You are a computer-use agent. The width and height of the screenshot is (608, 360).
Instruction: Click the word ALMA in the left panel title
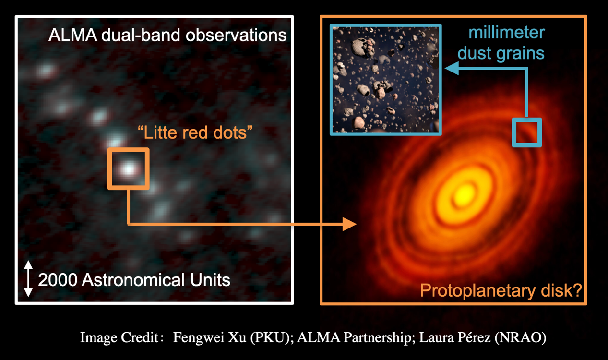[73, 35]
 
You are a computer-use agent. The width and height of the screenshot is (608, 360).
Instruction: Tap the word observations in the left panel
[236, 35]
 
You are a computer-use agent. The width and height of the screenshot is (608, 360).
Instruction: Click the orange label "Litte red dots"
[195, 132]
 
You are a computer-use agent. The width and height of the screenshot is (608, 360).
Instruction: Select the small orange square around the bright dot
[129, 150]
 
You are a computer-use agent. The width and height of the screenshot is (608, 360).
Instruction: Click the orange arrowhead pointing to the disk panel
[349, 224]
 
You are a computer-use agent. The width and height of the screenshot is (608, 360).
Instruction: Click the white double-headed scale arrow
[28, 278]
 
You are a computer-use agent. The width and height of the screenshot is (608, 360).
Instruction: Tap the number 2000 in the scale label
[58, 280]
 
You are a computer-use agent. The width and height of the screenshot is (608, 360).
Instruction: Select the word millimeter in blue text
[506, 33]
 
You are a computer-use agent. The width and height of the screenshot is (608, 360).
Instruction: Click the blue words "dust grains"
[501, 53]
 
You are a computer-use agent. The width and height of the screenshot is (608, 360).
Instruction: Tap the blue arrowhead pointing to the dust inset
[452, 68]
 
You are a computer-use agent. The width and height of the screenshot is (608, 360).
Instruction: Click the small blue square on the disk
[527, 120]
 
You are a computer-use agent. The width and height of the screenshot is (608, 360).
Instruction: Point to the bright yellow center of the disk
[465, 194]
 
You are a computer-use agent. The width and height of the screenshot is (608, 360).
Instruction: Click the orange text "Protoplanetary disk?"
[501, 290]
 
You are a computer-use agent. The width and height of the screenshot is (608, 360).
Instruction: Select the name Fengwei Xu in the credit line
[210, 337]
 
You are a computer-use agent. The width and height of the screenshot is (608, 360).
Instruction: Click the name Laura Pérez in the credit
[455, 337]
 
